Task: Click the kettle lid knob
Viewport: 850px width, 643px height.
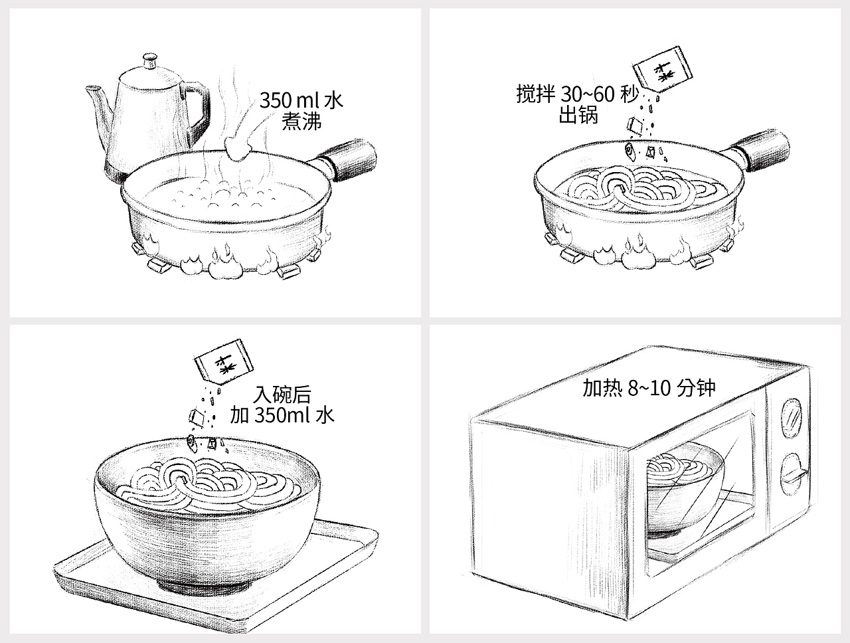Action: point(151,62)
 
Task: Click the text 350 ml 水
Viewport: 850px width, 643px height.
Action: point(301,101)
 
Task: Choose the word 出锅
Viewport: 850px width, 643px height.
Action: point(578,116)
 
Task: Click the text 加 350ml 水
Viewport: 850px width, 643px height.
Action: point(282,416)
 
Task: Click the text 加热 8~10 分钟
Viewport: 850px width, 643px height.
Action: point(649,388)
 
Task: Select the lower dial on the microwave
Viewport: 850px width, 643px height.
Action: point(790,473)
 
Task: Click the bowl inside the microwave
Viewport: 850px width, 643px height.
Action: point(684,492)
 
